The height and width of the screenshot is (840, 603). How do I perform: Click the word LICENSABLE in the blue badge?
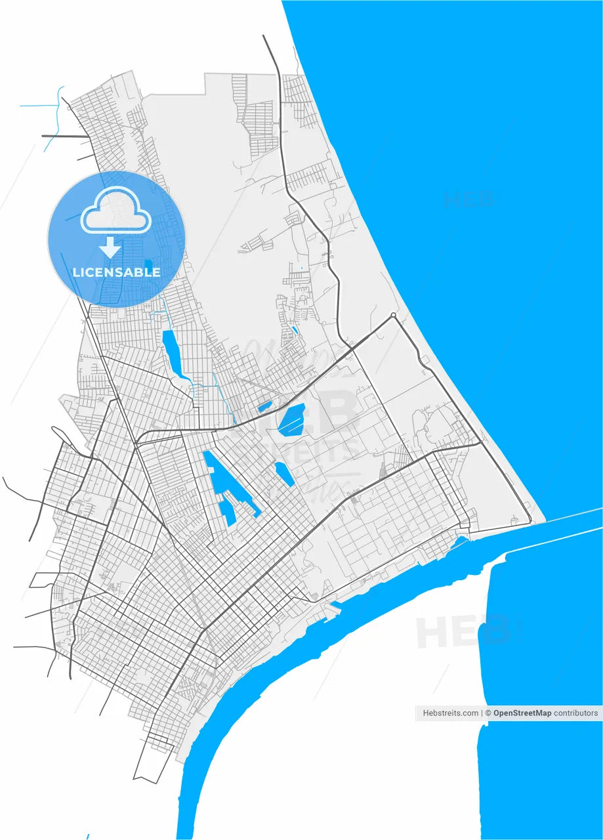116,272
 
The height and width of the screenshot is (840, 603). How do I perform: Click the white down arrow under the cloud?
110,247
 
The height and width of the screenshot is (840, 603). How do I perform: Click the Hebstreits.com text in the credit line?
451,713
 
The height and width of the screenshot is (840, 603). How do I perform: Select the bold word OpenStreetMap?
522,713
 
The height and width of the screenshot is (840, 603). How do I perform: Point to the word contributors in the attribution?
575,713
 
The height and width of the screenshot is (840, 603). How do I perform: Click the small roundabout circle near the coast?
393,316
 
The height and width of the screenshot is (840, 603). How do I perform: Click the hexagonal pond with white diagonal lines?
291,420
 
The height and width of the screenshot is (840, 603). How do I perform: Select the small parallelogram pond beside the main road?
264,407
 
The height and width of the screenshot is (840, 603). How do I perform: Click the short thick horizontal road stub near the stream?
64,136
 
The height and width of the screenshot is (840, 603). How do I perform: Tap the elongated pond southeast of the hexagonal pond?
285,474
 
